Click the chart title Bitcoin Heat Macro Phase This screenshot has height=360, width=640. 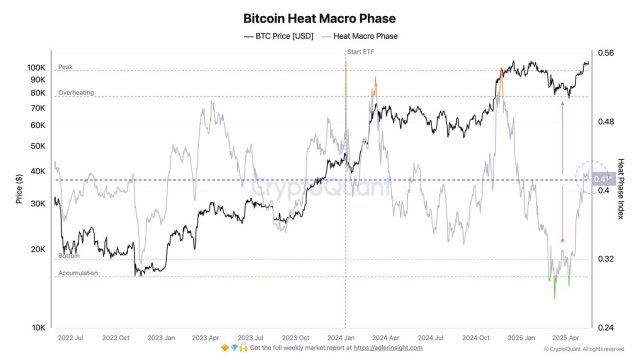(319, 17)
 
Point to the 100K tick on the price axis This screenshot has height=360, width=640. (36, 68)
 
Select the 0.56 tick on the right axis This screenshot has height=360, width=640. (605, 53)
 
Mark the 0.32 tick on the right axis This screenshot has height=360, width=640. (605, 259)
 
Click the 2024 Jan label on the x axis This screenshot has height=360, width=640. (345, 338)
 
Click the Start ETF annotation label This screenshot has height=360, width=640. (361, 51)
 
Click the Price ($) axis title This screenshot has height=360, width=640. (19, 189)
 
